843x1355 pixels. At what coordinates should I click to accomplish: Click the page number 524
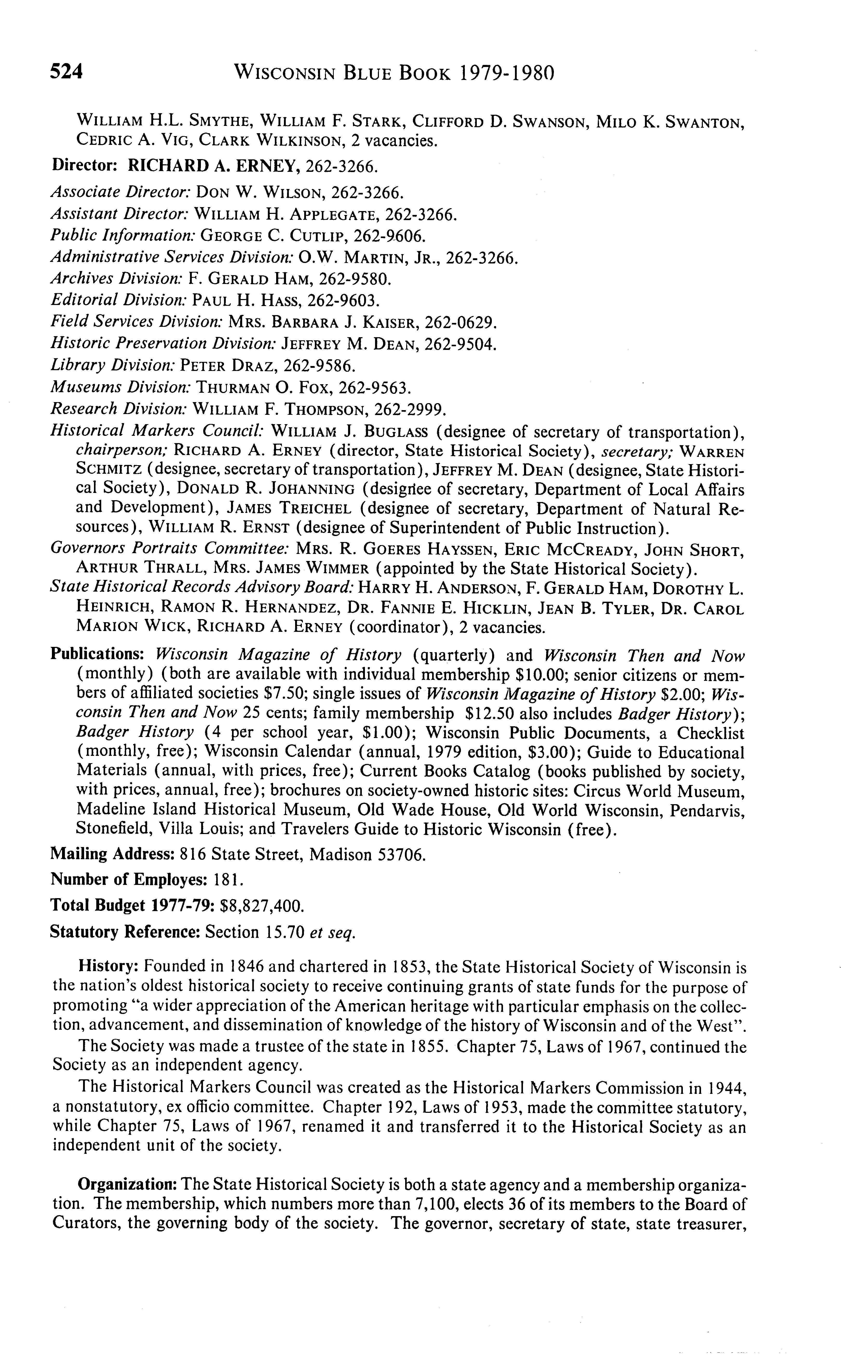point(66,72)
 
